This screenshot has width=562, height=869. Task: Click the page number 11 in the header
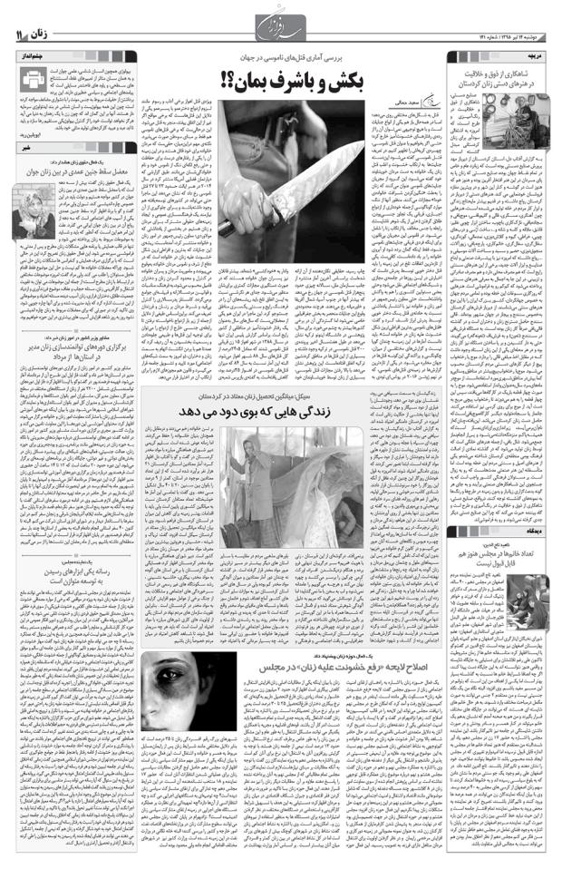point(19,34)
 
